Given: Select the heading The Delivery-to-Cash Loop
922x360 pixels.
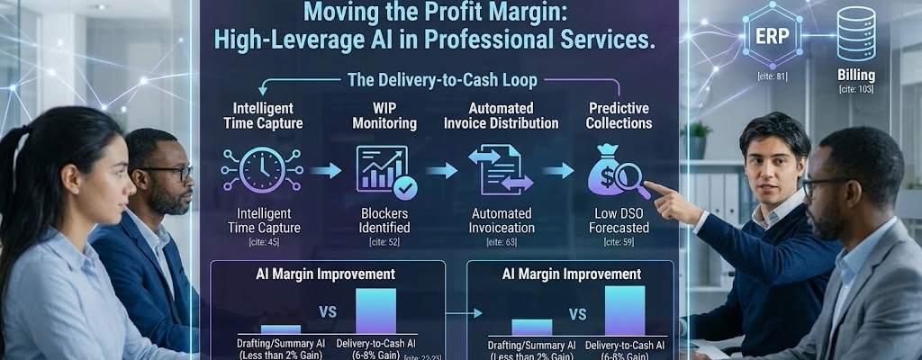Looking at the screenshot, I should (442, 80).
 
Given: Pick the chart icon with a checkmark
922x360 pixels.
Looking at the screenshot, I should (379, 170).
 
